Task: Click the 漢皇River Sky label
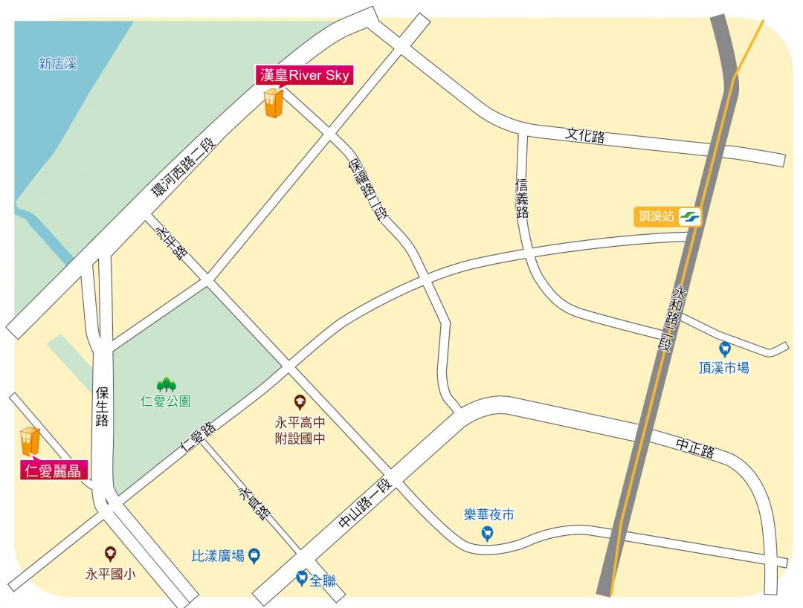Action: click(x=304, y=75)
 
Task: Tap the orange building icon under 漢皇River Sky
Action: click(x=273, y=104)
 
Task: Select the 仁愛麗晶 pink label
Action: click(x=54, y=470)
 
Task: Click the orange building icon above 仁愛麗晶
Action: click(x=29, y=442)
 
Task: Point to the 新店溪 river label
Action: click(x=58, y=65)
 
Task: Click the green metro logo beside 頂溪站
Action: click(x=689, y=217)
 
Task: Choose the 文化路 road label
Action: click(x=584, y=136)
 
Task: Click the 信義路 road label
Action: click(x=522, y=198)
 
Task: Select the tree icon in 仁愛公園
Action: click(x=166, y=384)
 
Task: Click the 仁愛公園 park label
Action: click(x=166, y=401)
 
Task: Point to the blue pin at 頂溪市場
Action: click(x=725, y=348)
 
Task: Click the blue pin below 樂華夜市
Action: click(x=488, y=533)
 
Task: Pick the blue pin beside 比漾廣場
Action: click(x=254, y=554)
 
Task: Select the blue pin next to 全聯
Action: click(x=301, y=577)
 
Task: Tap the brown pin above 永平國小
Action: click(x=111, y=553)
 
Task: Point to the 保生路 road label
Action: click(x=102, y=406)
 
